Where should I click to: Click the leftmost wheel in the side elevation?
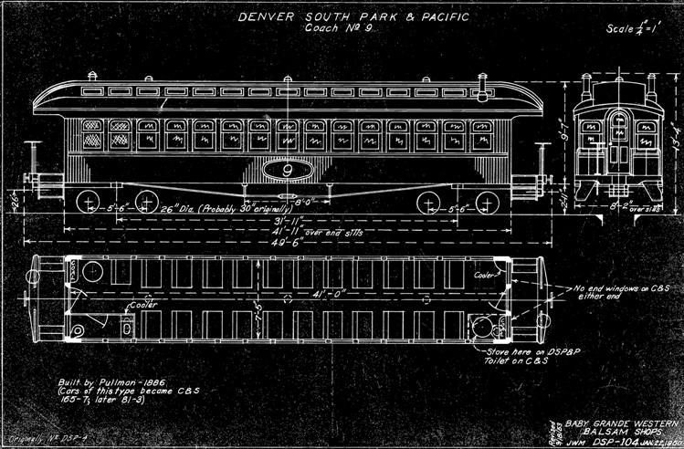tap(89, 202)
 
